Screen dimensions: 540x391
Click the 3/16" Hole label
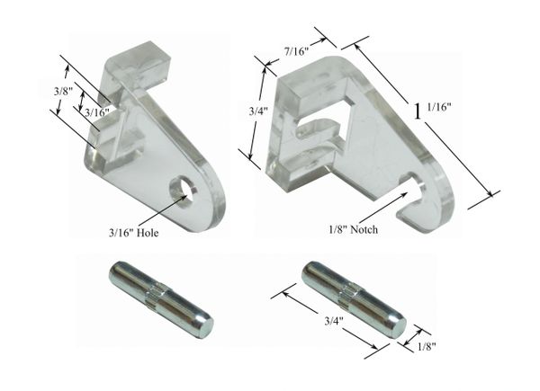coord(133,233)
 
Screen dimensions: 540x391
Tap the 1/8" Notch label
coord(353,229)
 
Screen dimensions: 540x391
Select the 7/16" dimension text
coord(296,51)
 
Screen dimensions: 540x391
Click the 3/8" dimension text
coord(63,92)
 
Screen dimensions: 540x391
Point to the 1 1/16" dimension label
coord(432,110)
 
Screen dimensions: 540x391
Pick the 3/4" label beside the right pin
coord(334,322)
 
